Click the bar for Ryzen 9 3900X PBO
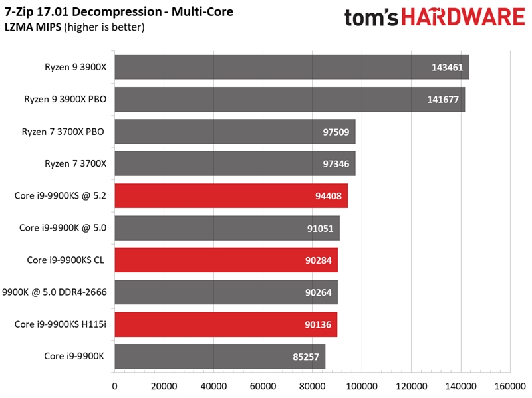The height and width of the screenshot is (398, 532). click(289, 100)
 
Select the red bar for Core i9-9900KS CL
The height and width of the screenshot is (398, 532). click(226, 260)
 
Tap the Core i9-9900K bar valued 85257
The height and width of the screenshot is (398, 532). click(219, 356)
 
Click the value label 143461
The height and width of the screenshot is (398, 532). click(448, 68)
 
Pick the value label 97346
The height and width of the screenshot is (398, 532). click(334, 163)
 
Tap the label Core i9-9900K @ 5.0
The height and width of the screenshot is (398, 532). click(63, 228)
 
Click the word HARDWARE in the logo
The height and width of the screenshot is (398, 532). click(458, 17)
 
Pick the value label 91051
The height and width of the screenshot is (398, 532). click(319, 228)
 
